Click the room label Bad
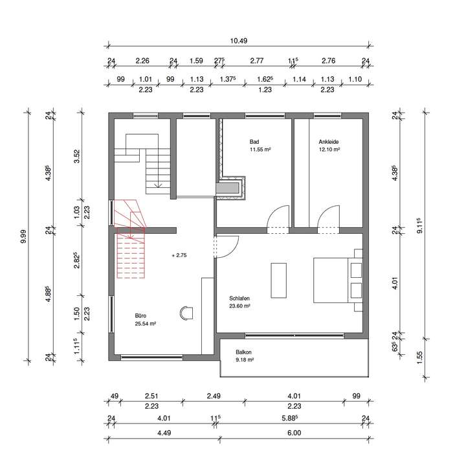pos(254,141)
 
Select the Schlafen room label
pos(239,299)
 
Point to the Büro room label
pos(140,315)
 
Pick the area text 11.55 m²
pos(260,149)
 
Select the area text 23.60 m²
pos(240,306)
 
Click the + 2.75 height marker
pos(180,256)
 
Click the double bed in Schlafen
pos(338,279)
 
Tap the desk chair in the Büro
pos(188,312)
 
